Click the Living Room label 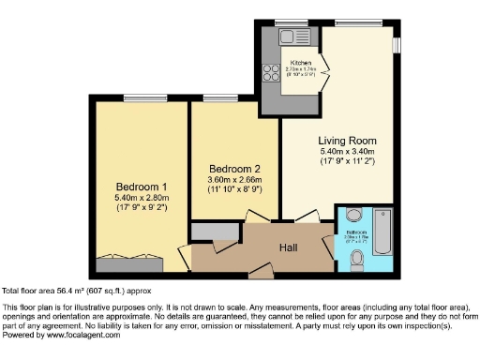347,141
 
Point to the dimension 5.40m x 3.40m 347,152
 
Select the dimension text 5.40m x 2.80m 140,196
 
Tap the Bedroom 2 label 233,169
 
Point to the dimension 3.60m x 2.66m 233,180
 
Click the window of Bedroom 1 139,97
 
